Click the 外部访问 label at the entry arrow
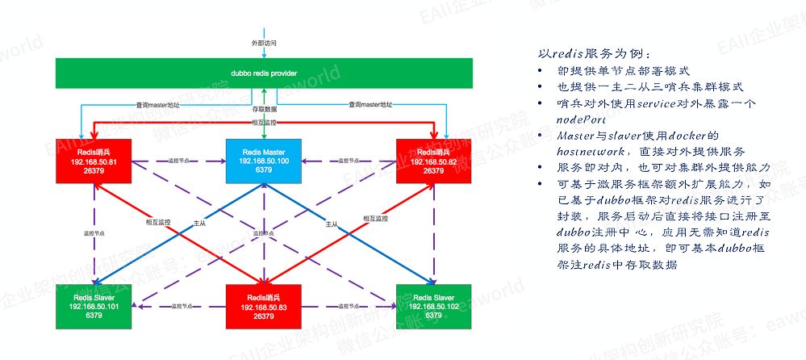pos(264,41)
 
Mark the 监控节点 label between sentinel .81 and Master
pos(179,161)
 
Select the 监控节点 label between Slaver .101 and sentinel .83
pos(181,307)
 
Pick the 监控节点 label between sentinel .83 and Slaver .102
pos(349,307)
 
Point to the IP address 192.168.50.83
pos(263,308)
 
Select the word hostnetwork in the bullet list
pos(575,151)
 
